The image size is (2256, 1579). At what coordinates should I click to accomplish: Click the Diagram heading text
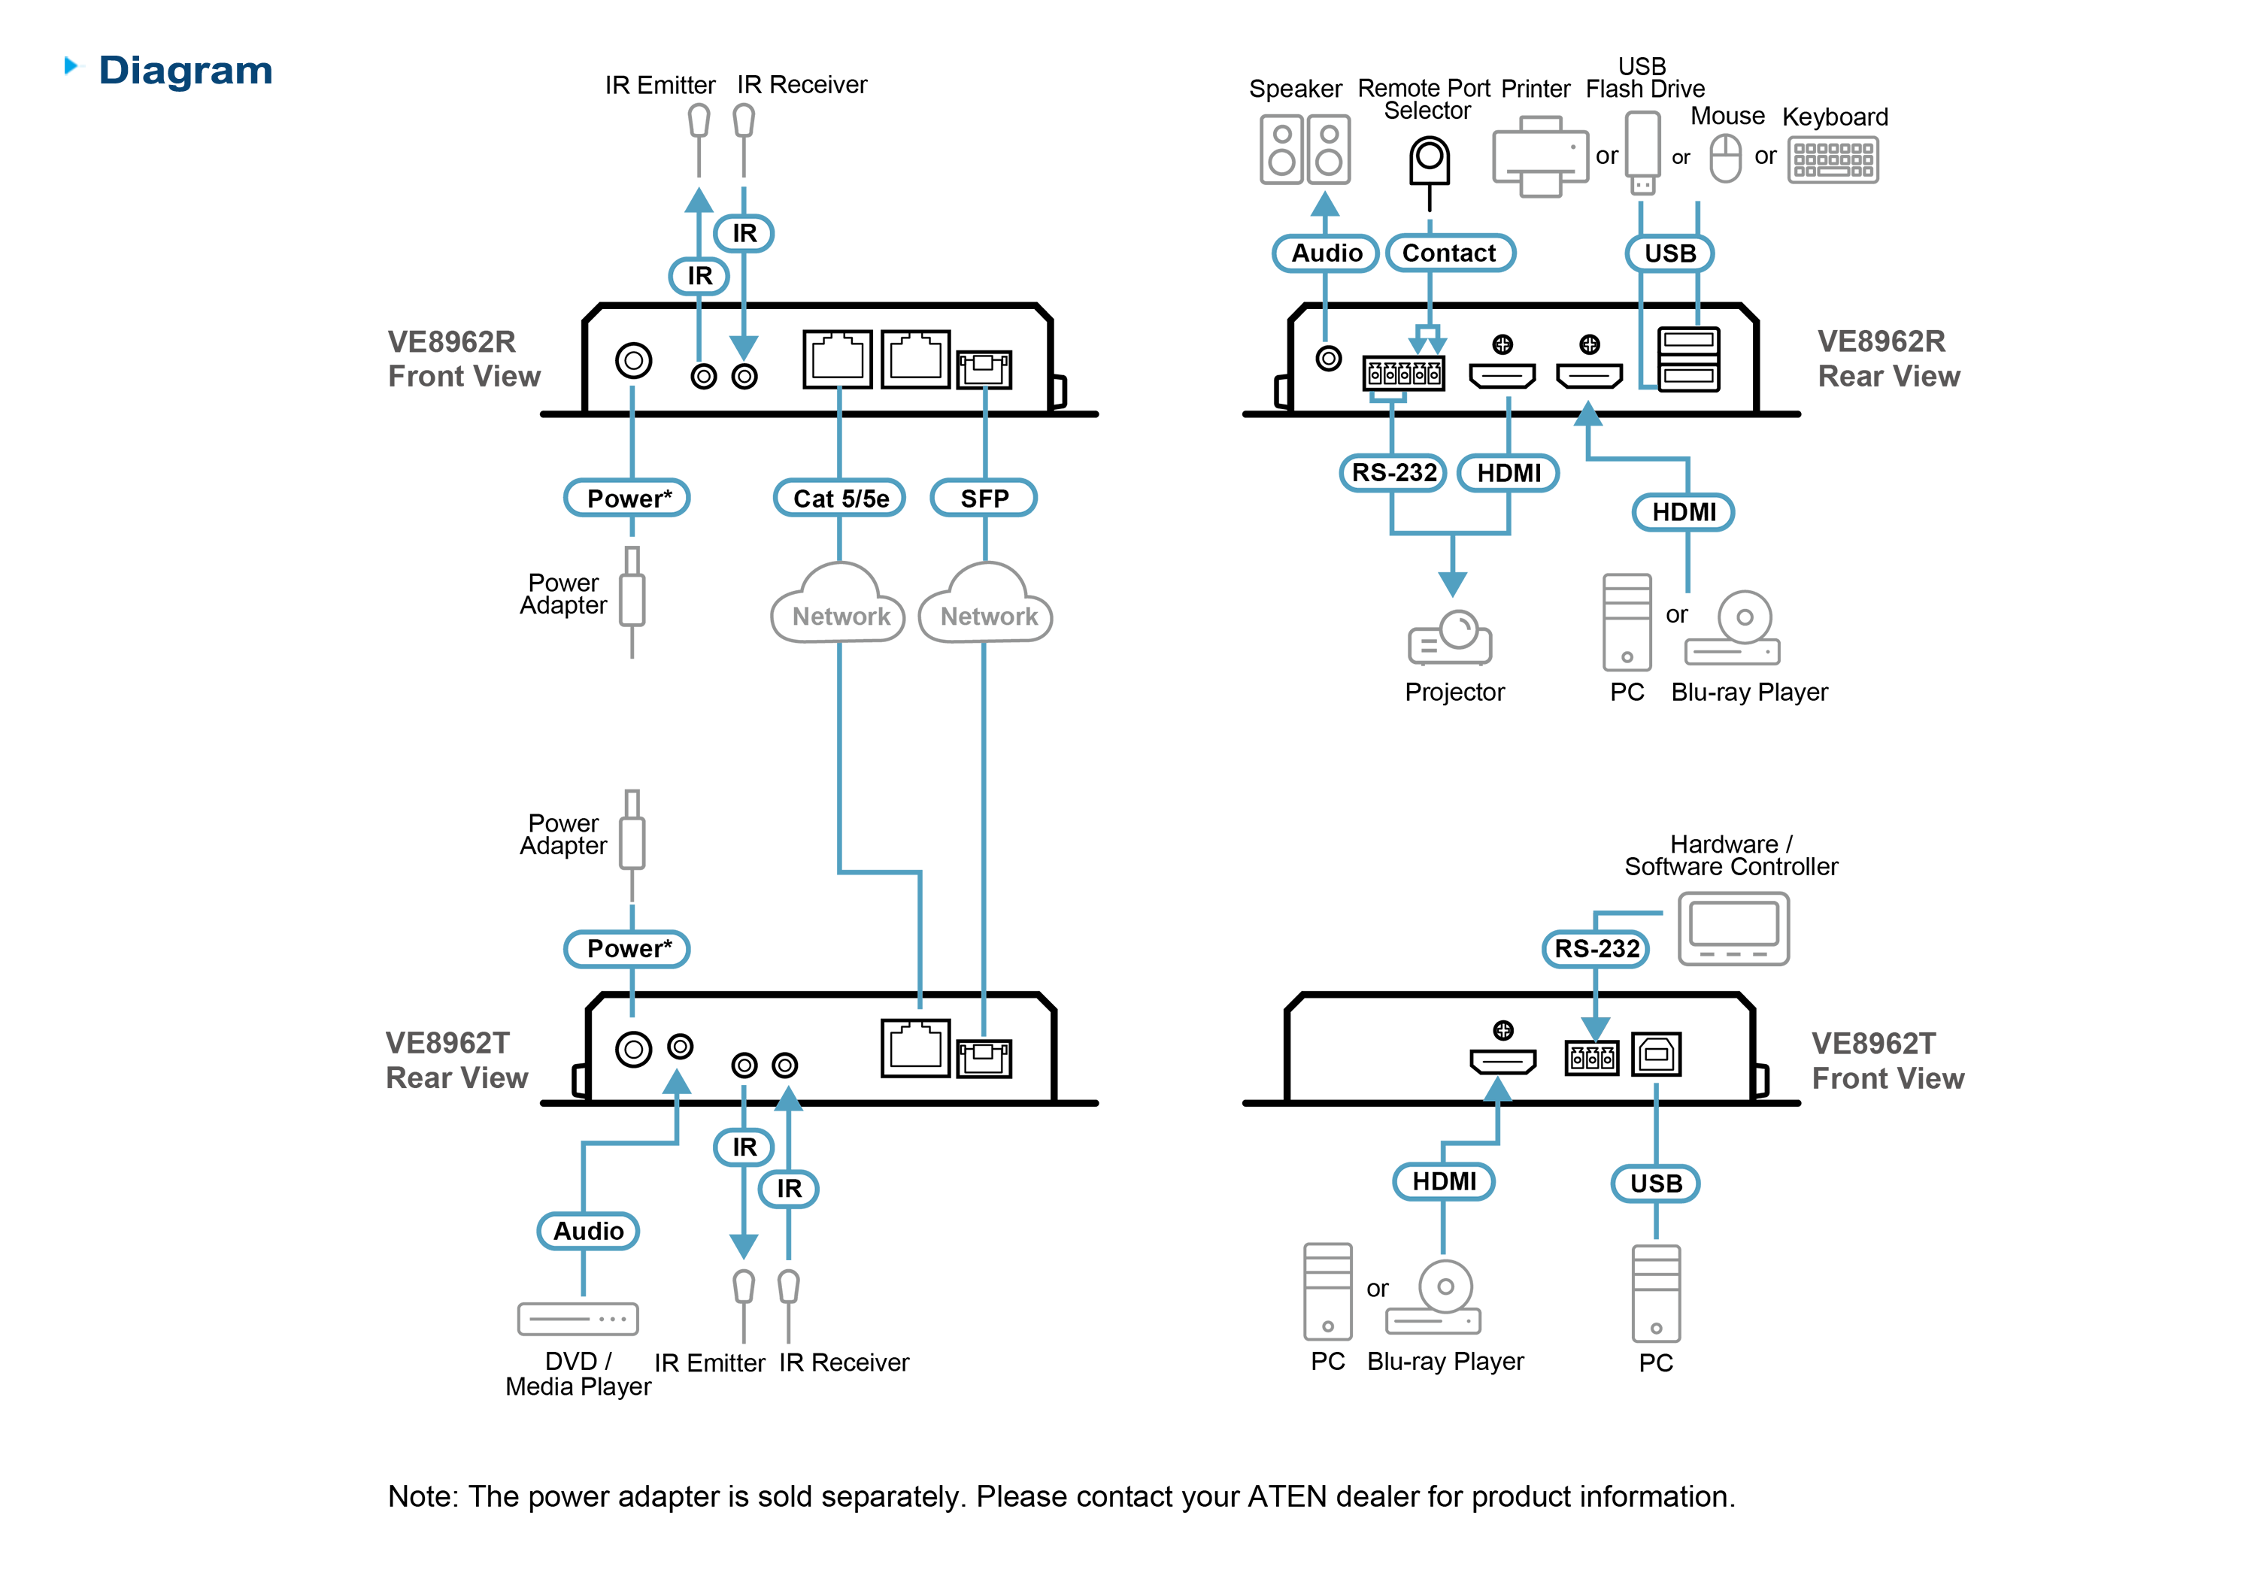point(186,71)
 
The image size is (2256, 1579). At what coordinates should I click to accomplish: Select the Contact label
point(1448,253)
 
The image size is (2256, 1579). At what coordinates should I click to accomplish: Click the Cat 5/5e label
point(841,499)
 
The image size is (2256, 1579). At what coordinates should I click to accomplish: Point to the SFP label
point(984,499)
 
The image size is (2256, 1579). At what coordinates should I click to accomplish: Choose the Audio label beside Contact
point(1326,253)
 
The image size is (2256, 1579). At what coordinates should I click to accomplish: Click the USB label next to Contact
point(1669,253)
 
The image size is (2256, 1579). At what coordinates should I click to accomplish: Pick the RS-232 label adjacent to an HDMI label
point(1393,474)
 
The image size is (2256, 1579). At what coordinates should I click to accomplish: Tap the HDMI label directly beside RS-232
point(1509,474)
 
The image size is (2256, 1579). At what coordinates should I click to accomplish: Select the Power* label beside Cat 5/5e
point(629,499)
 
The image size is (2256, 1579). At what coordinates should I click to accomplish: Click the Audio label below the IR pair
point(587,1231)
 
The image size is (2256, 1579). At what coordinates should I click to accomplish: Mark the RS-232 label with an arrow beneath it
point(1596,949)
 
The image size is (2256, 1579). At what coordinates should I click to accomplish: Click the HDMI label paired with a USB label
point(1443,1182)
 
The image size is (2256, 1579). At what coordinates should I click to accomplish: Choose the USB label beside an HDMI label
point(1656,1184)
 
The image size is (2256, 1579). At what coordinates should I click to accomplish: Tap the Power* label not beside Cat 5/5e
point(629,949)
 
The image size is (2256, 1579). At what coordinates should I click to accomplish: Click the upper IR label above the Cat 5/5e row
point(744,234)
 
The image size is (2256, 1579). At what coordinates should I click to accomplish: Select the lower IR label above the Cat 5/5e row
point(699,276)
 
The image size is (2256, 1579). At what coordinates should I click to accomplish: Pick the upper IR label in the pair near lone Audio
point(744,1147)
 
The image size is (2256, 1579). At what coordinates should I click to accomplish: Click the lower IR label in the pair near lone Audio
point(789,1189)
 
